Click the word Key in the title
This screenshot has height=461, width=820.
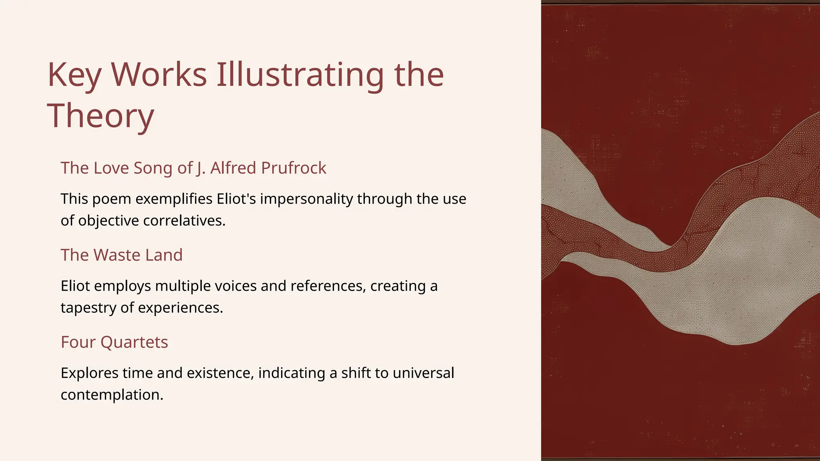[x=74, y=75]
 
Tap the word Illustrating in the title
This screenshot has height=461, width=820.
[x=300, y=75]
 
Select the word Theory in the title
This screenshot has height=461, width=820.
[x=100, y=116]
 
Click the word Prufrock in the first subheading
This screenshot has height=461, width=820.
[x=293, y=168]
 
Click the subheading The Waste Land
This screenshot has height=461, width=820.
[x=121, y=255]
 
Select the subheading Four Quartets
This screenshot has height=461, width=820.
[x=114, y=342]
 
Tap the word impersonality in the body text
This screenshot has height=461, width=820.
[x=306, y=199]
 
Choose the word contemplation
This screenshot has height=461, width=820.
[x=112, y=395]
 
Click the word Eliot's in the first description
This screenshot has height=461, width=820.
[x=236, y=199]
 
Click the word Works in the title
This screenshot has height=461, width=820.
[x=159, y=75]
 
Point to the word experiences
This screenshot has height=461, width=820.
[x=180, y=308]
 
